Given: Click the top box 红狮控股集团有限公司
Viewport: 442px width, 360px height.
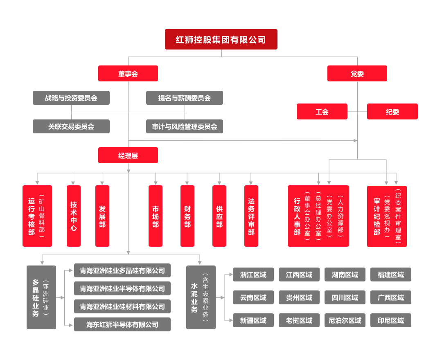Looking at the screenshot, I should pos(221,39).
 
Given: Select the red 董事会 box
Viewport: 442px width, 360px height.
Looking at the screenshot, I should pos(128,74).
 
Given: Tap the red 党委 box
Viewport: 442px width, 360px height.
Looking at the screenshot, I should pos(357,74).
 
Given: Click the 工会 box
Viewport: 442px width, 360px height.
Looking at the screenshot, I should pos(322,112).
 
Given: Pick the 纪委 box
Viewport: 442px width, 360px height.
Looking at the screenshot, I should pos(392,112).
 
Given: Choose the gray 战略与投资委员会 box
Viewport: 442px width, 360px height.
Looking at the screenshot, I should pos(71,98).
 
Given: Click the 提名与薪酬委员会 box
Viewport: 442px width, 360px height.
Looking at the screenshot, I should pos(185,98).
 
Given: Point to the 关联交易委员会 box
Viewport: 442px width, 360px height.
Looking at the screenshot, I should pos(71,126).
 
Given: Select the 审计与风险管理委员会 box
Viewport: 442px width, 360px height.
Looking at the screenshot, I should pos(185,126).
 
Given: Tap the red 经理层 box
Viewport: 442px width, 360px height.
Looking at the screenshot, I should pos(128,155).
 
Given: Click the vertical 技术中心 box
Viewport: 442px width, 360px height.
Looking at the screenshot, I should pos(74,216).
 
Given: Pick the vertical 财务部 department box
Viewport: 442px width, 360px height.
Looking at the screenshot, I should pos(187,216).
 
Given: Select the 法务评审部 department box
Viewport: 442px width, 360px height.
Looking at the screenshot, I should pos(251,216).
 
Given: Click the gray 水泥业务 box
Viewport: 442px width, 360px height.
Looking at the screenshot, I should pos(201,297).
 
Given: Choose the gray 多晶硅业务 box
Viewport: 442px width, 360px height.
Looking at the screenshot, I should pos(41,297).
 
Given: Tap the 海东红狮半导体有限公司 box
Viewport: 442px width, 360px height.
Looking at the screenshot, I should pos(122,324).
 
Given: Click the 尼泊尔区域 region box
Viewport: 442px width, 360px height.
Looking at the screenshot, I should pos(345,320).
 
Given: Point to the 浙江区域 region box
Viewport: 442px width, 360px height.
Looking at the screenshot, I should pos(253,274).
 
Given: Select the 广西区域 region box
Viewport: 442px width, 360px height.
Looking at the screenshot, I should pos(390,297).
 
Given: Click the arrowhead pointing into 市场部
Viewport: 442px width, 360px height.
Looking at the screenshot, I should pos(156,183).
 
